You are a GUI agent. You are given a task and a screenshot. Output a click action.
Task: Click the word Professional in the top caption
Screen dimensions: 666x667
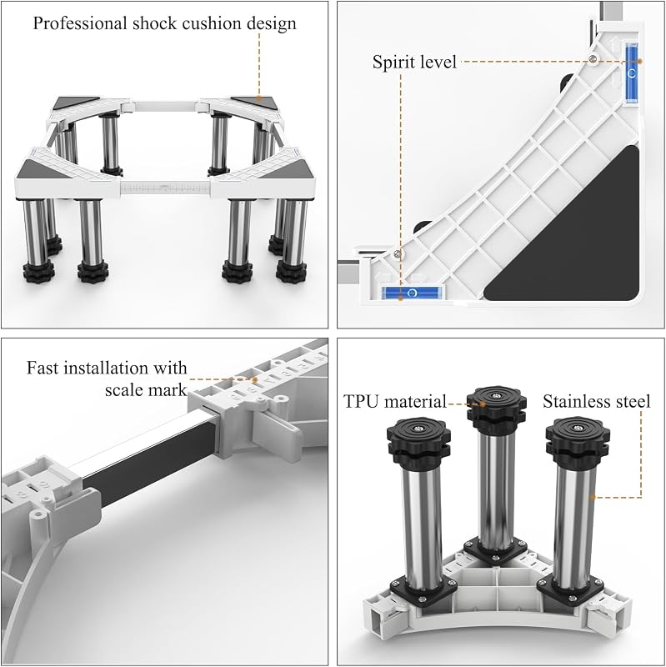[80, 23]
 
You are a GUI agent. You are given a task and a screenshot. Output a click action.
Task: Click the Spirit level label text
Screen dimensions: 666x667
[414, 62]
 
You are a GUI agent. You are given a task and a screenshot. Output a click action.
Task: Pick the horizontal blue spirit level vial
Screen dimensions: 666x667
[412, 293]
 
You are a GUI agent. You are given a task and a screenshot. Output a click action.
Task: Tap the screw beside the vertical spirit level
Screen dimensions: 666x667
[593, 58]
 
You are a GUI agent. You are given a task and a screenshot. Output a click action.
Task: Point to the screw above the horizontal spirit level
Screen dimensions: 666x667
[398, 254]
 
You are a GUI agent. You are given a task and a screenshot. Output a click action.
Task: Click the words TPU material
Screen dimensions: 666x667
[394, 402]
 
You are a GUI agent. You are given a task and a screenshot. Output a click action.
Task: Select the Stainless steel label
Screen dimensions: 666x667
[597, 402]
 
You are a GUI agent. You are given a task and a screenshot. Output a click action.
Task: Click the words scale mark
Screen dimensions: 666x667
[146, 389]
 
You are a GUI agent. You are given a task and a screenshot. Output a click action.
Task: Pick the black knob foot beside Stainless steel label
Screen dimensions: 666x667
[578, 440]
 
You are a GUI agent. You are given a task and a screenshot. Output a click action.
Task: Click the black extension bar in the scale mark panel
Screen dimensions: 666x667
[149, 453]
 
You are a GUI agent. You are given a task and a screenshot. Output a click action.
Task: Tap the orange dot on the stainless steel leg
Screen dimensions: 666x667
[593, 497]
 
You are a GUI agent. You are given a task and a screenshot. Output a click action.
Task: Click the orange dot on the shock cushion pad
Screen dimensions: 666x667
[258, 98]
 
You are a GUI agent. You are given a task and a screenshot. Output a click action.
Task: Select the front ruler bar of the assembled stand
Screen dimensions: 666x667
[165, 187]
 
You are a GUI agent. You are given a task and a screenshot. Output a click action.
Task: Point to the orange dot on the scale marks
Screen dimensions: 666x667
[255, 379]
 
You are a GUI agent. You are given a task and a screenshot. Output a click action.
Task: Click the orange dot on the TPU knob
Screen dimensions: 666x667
[483, 404]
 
